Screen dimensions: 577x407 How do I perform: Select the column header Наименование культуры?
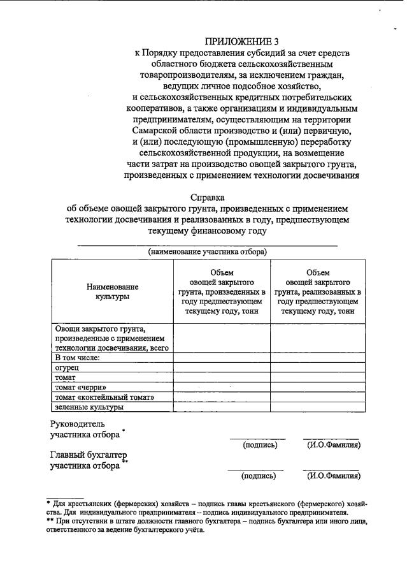112,291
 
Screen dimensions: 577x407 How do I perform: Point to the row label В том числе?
78,358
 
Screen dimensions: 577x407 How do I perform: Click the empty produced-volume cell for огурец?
222,368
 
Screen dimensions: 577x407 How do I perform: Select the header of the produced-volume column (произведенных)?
222,291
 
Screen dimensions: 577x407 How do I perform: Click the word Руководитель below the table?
78,423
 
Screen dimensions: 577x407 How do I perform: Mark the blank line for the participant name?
208,244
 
